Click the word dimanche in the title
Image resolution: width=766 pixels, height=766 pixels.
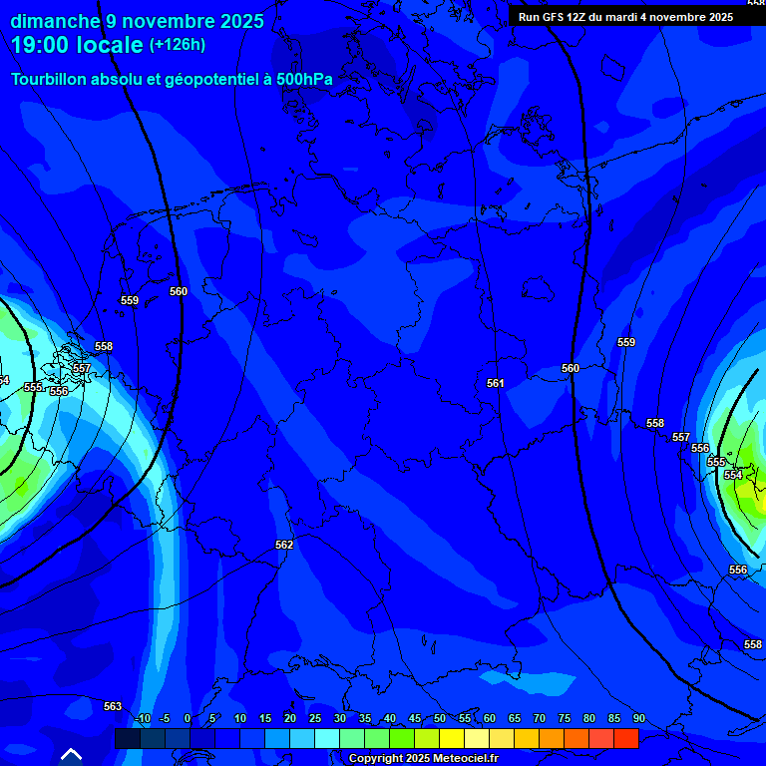pos(56,21)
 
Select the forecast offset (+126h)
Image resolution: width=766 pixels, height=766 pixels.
pos(178,44)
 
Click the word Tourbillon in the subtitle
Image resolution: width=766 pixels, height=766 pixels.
pos(55,79)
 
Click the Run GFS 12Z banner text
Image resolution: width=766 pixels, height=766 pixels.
pos(625,17)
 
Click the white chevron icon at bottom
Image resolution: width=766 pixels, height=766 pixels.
pos(71,754)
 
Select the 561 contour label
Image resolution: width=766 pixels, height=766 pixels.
pos(496,383)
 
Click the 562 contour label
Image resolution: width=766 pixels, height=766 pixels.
pos(284,545)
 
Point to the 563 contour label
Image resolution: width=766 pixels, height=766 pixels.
pos(113,706)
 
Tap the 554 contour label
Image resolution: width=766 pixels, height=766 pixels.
pos(733,475)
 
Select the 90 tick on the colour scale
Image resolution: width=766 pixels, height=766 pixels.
pos(638,719)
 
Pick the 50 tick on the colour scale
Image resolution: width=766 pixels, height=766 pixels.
pos(440,719)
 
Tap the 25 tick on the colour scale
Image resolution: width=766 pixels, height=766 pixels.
pos(315,719)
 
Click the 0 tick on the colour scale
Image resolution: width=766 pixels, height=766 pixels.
pos(188,719)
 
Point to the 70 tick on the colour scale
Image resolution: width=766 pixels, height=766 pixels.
pos(540,719)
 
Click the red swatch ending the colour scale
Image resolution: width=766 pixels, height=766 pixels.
pos(626,738)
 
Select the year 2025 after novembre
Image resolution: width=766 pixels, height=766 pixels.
pos(237,21)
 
